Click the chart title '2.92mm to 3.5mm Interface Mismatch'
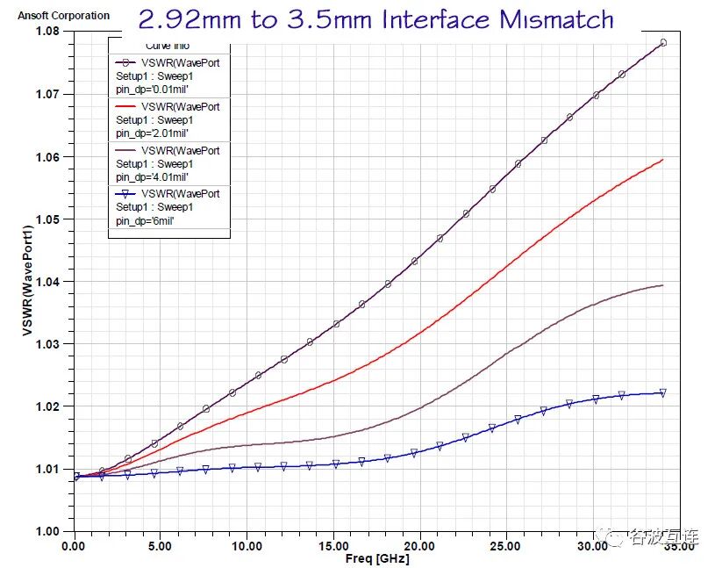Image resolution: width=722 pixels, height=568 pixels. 375,19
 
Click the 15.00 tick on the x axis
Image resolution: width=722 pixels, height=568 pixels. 333,546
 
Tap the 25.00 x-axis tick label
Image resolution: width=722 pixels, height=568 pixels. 506,546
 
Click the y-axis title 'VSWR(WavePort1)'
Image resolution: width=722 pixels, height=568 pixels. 26,281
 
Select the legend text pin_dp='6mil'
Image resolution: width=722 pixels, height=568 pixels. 145,221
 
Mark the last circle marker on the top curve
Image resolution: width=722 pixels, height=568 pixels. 663,42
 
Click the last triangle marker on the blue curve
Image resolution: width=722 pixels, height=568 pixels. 663,393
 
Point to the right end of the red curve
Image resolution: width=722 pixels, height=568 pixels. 663,160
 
